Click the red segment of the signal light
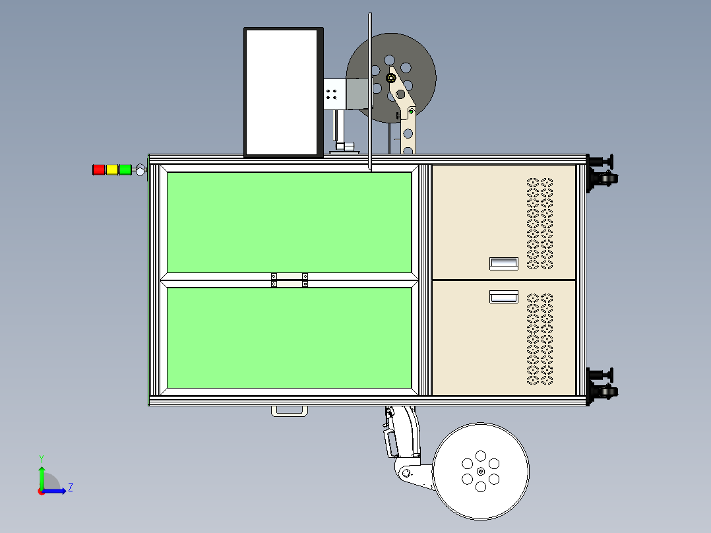click(98, 170)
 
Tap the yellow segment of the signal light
click(111, 170)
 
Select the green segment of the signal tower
click(125, 170)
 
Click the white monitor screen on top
click(281, 92)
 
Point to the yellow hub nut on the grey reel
click(391, 78)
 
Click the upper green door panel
click(290, 222)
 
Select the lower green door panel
click(290, 338)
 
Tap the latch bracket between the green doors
click(290, 280)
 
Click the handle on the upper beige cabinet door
click(504, 264)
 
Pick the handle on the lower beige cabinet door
click(504, 297)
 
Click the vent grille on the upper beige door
click(540, 223)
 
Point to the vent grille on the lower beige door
click(540, 339)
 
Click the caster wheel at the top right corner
click(607, 179)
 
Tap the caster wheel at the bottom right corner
click(607, 392)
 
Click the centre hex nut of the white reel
click(481, 471)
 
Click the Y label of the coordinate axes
click(42, 458)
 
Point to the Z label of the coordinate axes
click(71, 487)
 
